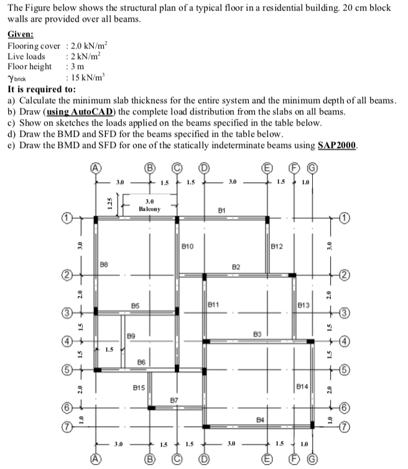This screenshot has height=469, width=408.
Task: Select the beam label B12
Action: click(x=278, y=247)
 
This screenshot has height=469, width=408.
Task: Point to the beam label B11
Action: click(x=213, y=305)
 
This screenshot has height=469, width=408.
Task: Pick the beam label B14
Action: click(x=302, y=387)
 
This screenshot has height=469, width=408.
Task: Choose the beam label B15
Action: click(x=139, y=388)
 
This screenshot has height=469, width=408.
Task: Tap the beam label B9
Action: click(x=131, y=337)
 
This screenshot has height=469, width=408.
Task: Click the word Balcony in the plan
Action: click(x=150, y=209)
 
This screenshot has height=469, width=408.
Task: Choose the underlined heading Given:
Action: click(x=21, y=35)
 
